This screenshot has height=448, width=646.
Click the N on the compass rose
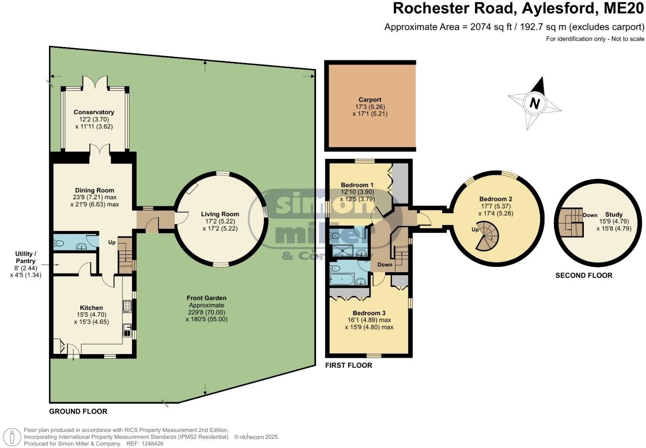[x=535, y=103]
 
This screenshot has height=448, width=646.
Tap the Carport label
[x=370, y=99]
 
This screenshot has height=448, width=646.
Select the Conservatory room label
[x=94, y=112]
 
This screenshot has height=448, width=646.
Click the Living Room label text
[x=220, y=214]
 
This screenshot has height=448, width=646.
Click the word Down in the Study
[x=590, y=215]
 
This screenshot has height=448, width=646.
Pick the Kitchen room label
[x=91, y=308]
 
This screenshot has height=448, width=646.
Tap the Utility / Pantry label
[x=26, y=257]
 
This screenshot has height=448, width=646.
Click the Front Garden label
[x=206, y=298]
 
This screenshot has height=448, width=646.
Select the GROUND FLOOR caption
[x=78, y=411]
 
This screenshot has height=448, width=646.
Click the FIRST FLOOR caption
[x=349, y=366]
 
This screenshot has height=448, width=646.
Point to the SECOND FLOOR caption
[x=584, y=275]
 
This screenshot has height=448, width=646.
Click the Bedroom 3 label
[x=369, y=313]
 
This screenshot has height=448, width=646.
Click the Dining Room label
[x=94, y=190]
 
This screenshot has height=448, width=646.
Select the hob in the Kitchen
[x=127, y=306]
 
